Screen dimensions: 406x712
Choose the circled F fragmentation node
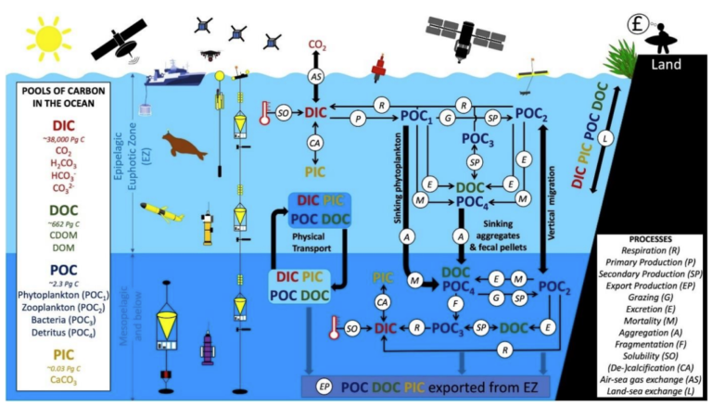coord(454,303)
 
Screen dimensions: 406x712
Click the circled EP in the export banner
coord(324,385)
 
